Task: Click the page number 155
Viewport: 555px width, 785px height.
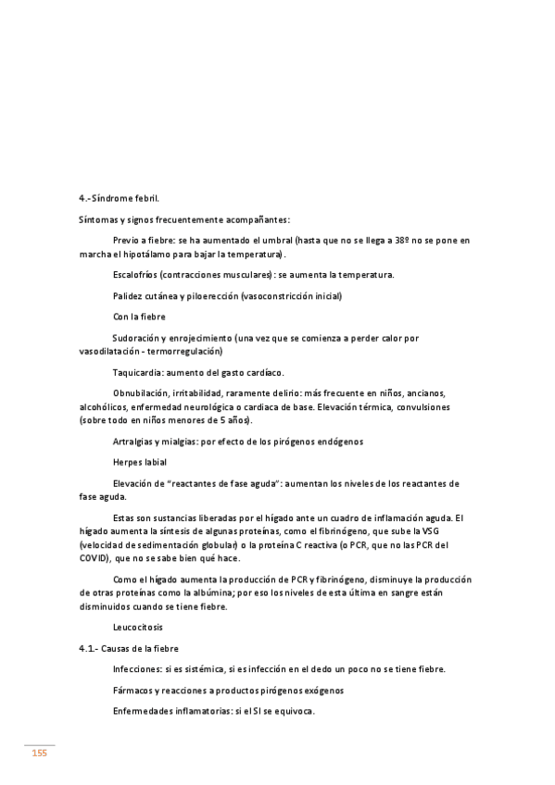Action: [x=40, y=754]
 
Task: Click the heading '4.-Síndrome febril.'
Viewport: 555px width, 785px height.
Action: [x=119, y=198]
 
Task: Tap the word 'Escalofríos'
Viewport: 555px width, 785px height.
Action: [x=133, y=275]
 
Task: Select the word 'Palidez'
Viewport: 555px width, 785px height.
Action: [x=128, y=296]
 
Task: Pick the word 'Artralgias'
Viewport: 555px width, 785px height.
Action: [x=133, y=442]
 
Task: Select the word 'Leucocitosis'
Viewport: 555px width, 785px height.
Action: [x=137, y=627]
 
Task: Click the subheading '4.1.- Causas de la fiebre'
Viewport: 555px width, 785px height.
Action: [x=129, y=648]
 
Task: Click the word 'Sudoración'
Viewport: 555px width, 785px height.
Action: [x=138, y=339]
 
